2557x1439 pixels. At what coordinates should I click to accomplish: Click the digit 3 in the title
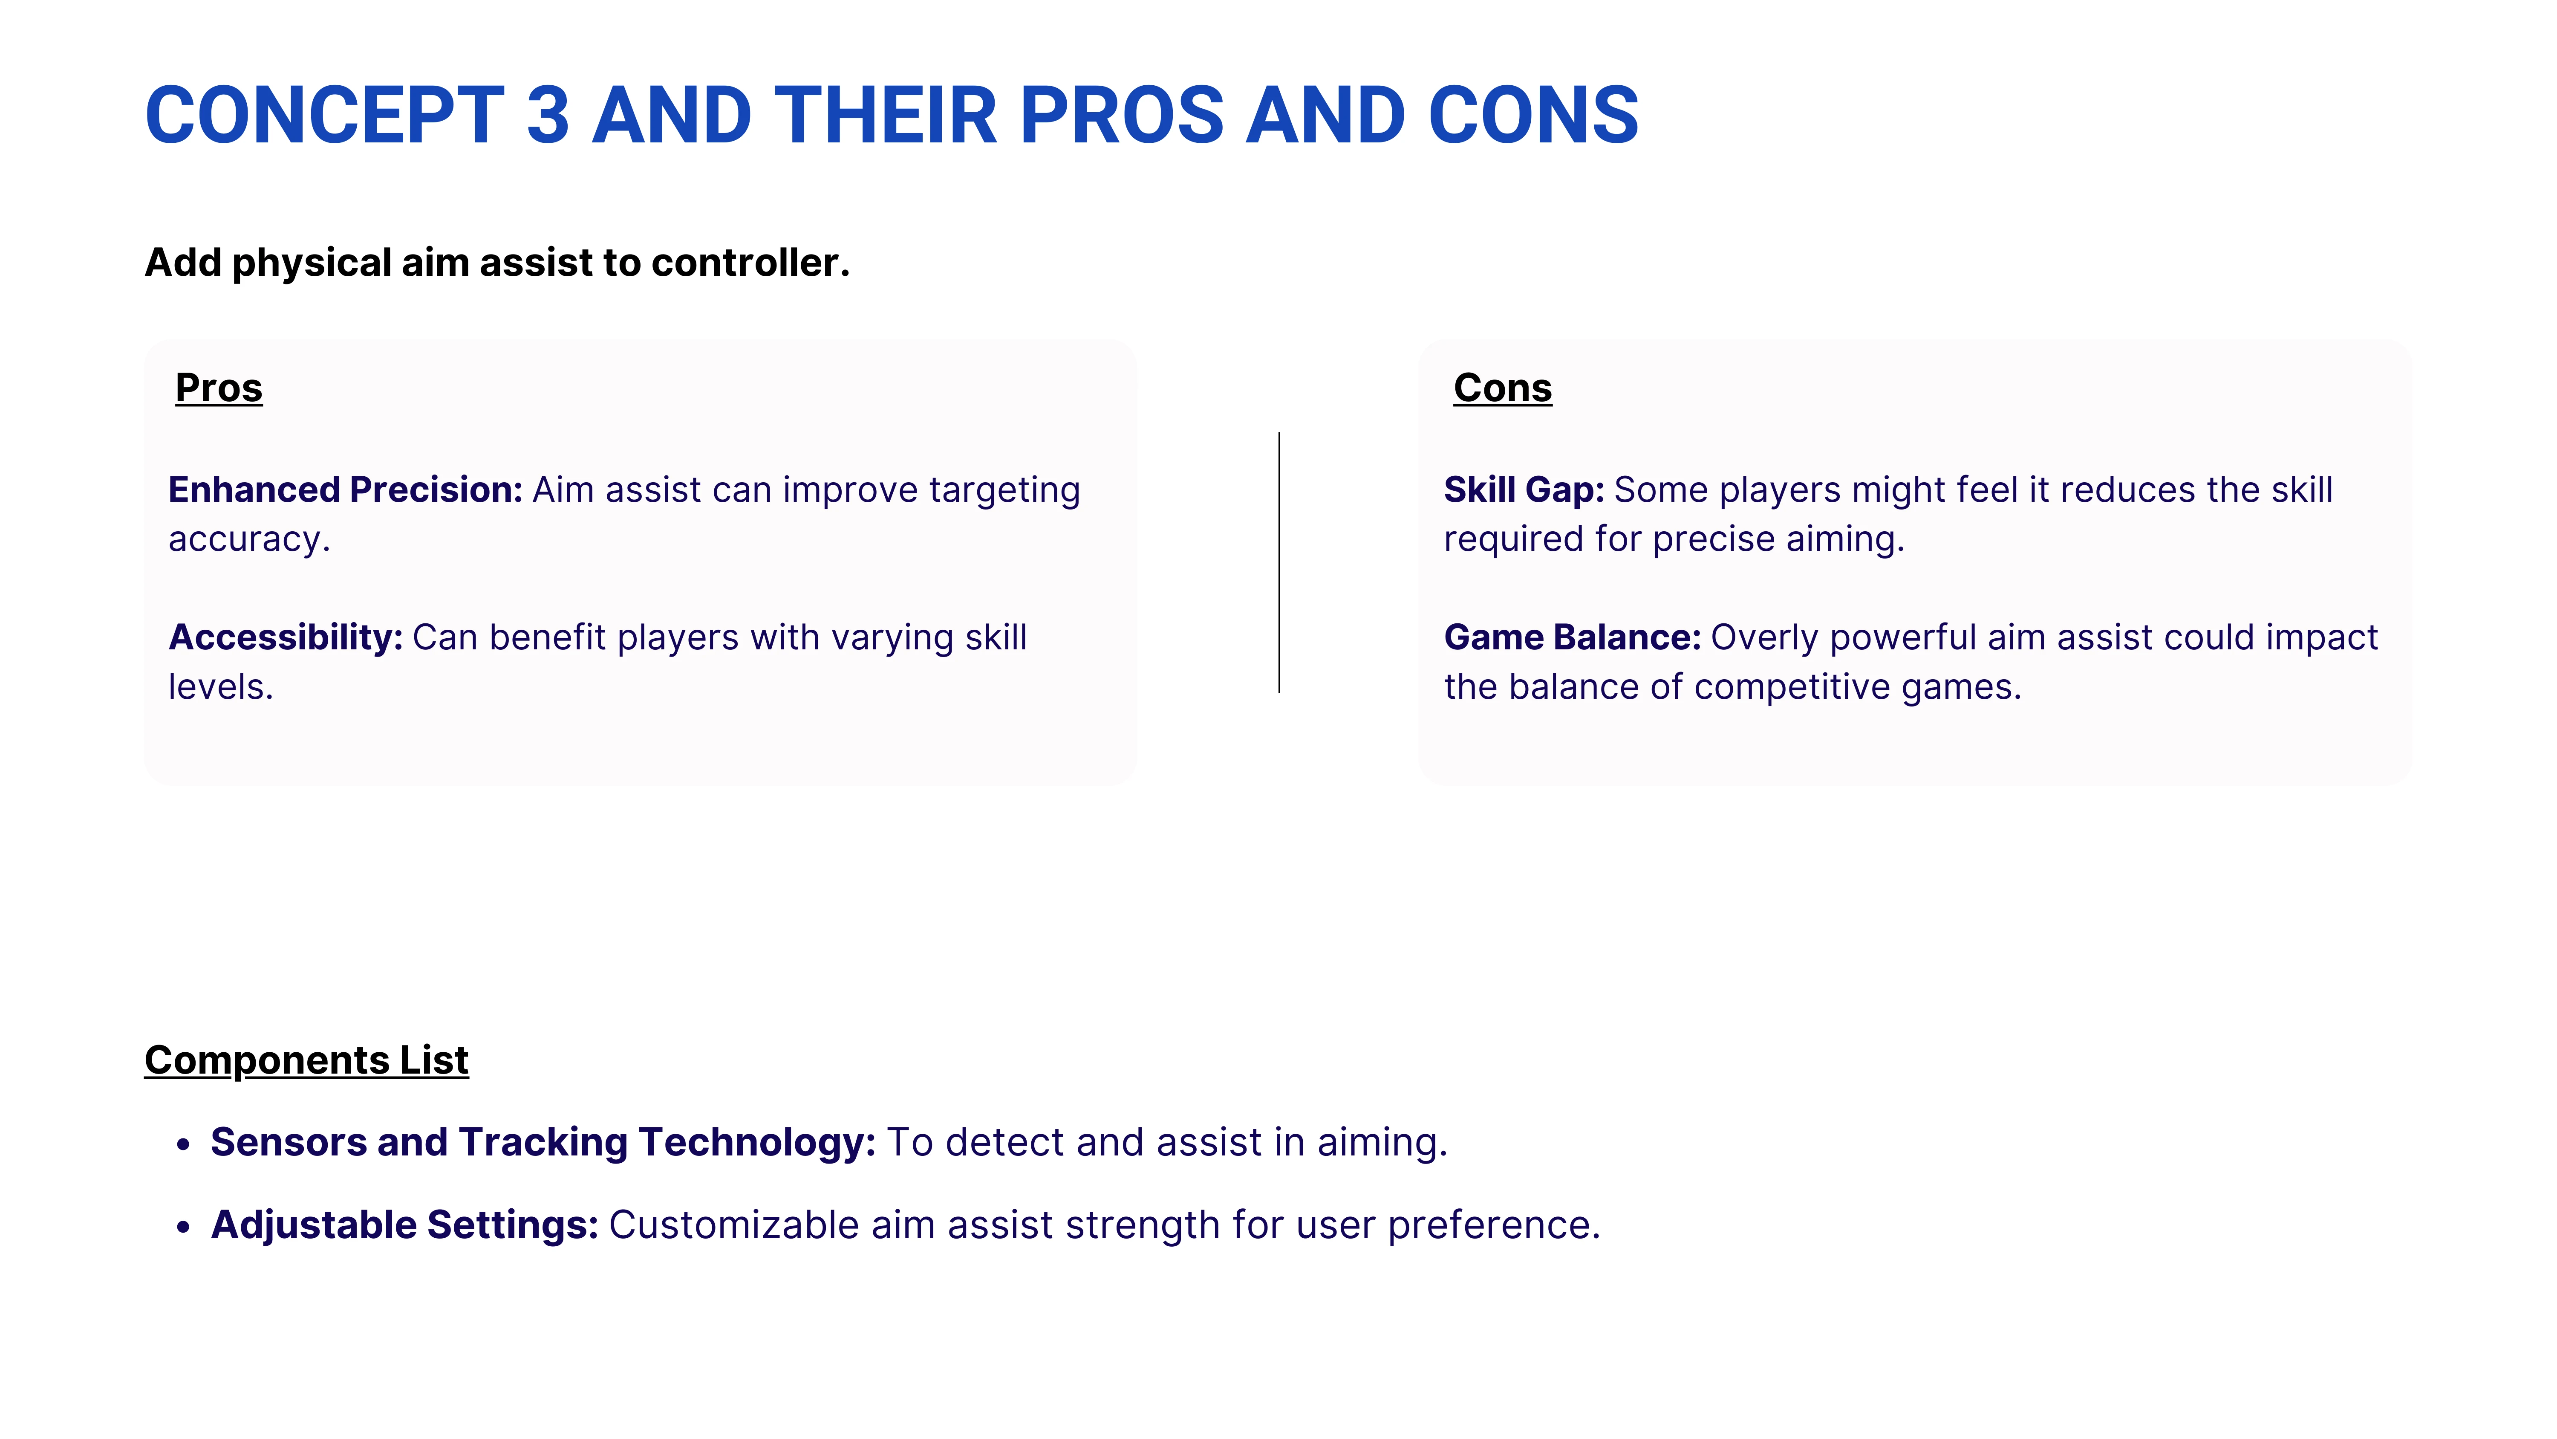tap(548, 115)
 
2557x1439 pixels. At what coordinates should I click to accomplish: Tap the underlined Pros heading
tap(218, 387)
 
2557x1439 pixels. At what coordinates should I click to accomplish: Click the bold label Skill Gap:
tap(1524, 489)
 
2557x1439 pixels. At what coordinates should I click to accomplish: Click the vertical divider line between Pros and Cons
tap(1278, 562)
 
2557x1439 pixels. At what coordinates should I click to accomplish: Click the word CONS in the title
tap(1532, 115)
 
